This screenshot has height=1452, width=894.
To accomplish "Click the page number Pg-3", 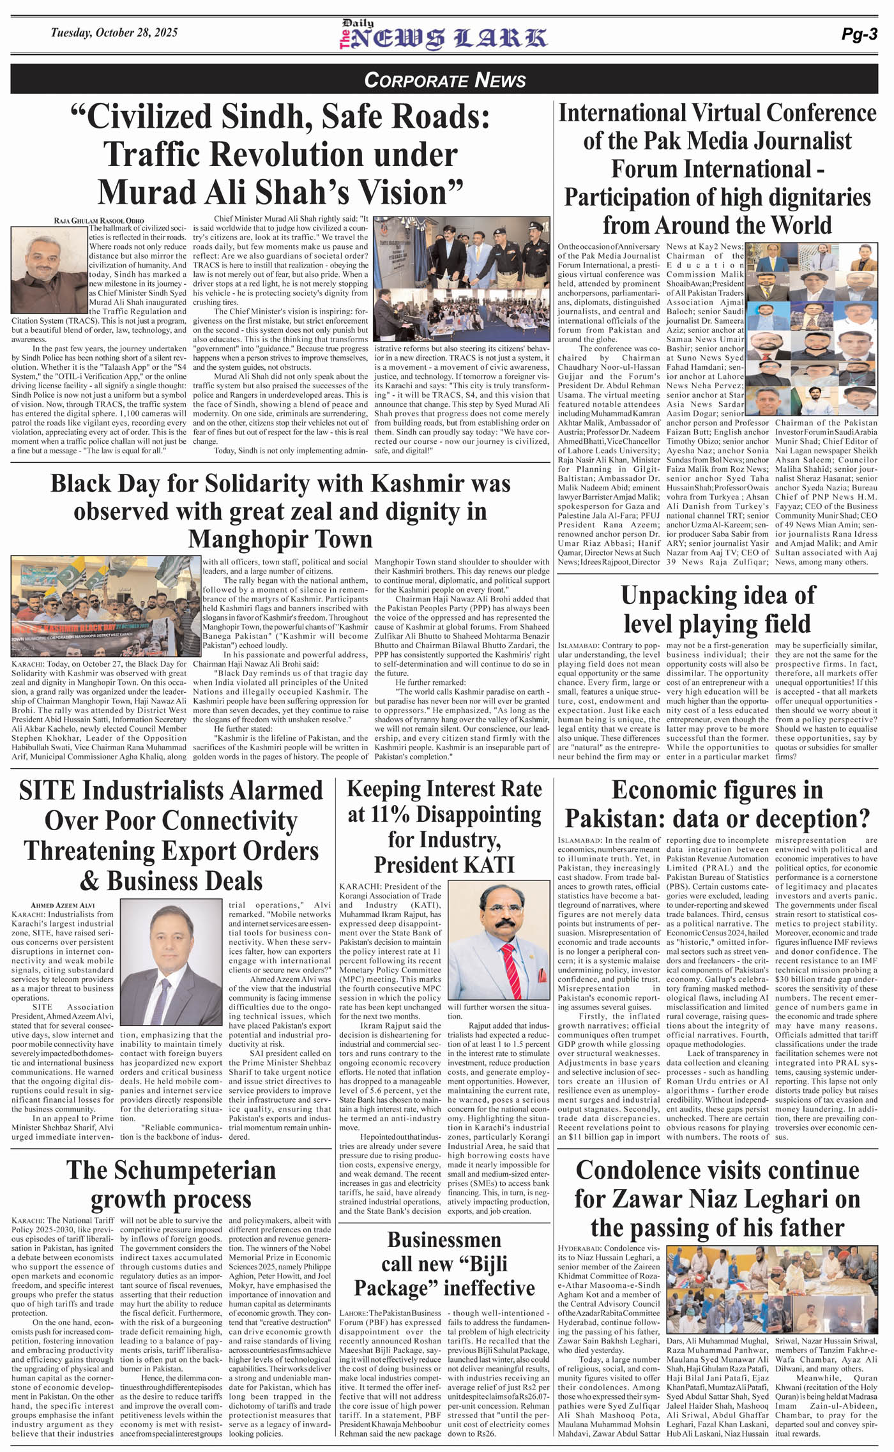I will point(859,35).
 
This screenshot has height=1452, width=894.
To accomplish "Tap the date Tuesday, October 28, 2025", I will point(114,33).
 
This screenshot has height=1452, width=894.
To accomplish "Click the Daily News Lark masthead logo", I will point(443,36).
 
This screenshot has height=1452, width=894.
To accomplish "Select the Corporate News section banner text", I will point(445,80).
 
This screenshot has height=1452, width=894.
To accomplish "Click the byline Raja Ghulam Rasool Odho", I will point(99,220).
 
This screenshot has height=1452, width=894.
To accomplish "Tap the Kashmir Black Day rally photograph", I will point(105,606).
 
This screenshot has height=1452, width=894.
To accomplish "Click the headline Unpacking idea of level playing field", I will point(717,609).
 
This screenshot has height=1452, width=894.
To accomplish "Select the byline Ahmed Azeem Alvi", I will point(63,905).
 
